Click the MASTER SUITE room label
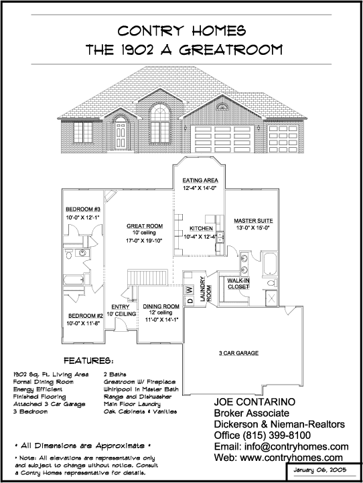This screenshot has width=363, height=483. (x=253, y=221)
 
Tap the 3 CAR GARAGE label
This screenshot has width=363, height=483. (x=238, y=353)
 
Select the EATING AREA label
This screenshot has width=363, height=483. (x=200, y=180)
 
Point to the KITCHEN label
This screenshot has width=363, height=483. (x=201, y=228)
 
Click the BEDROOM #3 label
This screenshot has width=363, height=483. (x=83, y=209)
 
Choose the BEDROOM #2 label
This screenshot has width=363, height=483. (x=86, y=316)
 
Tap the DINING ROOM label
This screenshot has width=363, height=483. (x=161, y=306)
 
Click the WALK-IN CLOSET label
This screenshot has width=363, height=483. (x=238, y=284)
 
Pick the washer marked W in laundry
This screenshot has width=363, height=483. (x=190, y=290)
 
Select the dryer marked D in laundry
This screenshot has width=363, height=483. (x=190, y=300)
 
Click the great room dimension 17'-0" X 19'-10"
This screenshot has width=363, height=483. (x=145, y=241)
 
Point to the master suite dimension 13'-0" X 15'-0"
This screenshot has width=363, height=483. (x=253, y=228)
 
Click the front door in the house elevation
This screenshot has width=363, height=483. (x=120, y=135)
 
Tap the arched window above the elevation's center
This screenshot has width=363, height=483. (x=160, y=113)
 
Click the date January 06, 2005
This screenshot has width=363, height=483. (x=320, y=470)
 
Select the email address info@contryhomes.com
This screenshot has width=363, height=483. (x=297, y=446)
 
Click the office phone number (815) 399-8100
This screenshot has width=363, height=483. (x=277, y=436)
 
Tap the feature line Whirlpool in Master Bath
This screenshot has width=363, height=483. (x=141, y=389)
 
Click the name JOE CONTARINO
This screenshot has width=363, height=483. (x=255, y=401)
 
